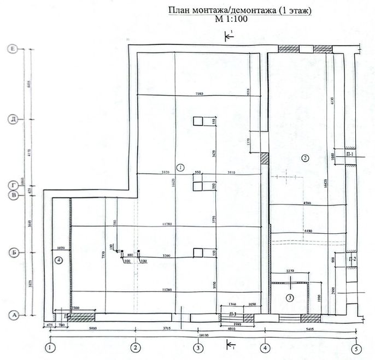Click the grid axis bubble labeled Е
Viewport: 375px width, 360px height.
[13, 49]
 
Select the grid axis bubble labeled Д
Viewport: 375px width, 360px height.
[13, 119]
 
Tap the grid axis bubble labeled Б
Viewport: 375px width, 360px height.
[13, 253]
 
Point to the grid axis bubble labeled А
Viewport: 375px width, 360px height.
[13, 315]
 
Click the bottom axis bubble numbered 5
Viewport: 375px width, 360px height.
[356, 347]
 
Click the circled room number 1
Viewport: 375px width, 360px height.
[181, 166]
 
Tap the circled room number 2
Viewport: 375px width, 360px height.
[306, 158]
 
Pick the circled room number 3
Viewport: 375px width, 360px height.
[291, 298]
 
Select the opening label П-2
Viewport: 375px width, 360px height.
[353, 258]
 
